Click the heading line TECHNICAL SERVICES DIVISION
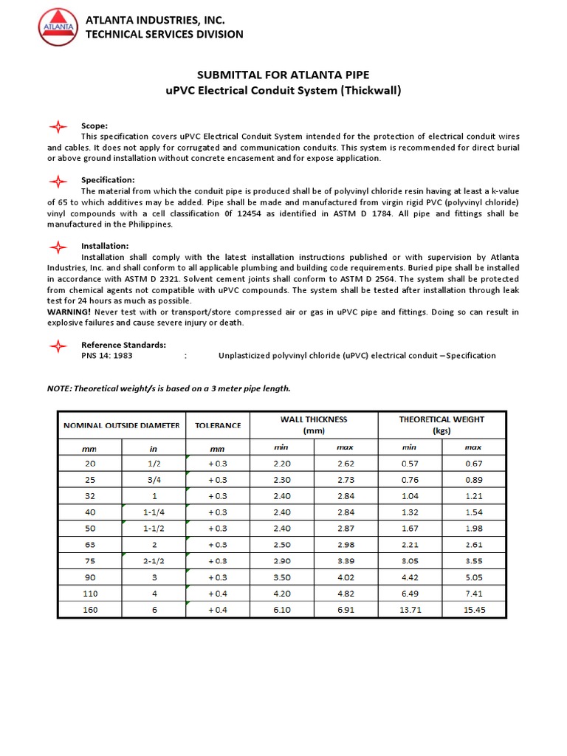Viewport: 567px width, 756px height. pyautogui.click(x=164, y=34)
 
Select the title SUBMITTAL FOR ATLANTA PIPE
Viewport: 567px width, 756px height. pyautogui.click(x=283, y=75)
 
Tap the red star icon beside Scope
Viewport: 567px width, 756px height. pyautogui.click(x=58, y=126)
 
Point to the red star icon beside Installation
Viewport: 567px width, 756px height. pyautogui.click(x=58, y=246)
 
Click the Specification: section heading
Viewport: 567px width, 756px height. pyautogui.click(x=108, y=179)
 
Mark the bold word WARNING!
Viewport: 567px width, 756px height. pyautogui.click(x=69, y=312)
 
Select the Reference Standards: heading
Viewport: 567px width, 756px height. pyautogui.click(x=123, y=345)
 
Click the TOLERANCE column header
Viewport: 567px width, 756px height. pyautogui.click(x=218, y=425)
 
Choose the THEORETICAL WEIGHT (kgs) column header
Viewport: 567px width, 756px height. pyautogui.click(x=441, y=425)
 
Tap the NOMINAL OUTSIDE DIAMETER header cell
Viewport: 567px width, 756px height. pyautogui.click(x=122, y=425)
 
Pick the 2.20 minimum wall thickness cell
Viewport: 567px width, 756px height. pyautogui.click(x=283, y=464)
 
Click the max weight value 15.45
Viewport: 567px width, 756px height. pyautogui.click(x=473, y=610)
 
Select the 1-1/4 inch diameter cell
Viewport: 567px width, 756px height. pyautogui.click(x=154, y=512)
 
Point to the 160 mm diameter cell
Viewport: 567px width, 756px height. pyautogui.click(x=90, y=610)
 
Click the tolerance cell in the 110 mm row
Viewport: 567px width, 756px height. pyautogui.click(x=218, y=594)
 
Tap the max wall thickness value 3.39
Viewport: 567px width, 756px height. pyautogui.click(x=346, y=561)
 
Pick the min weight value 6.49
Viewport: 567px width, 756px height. pyautogui.click(x=410, y=594)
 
